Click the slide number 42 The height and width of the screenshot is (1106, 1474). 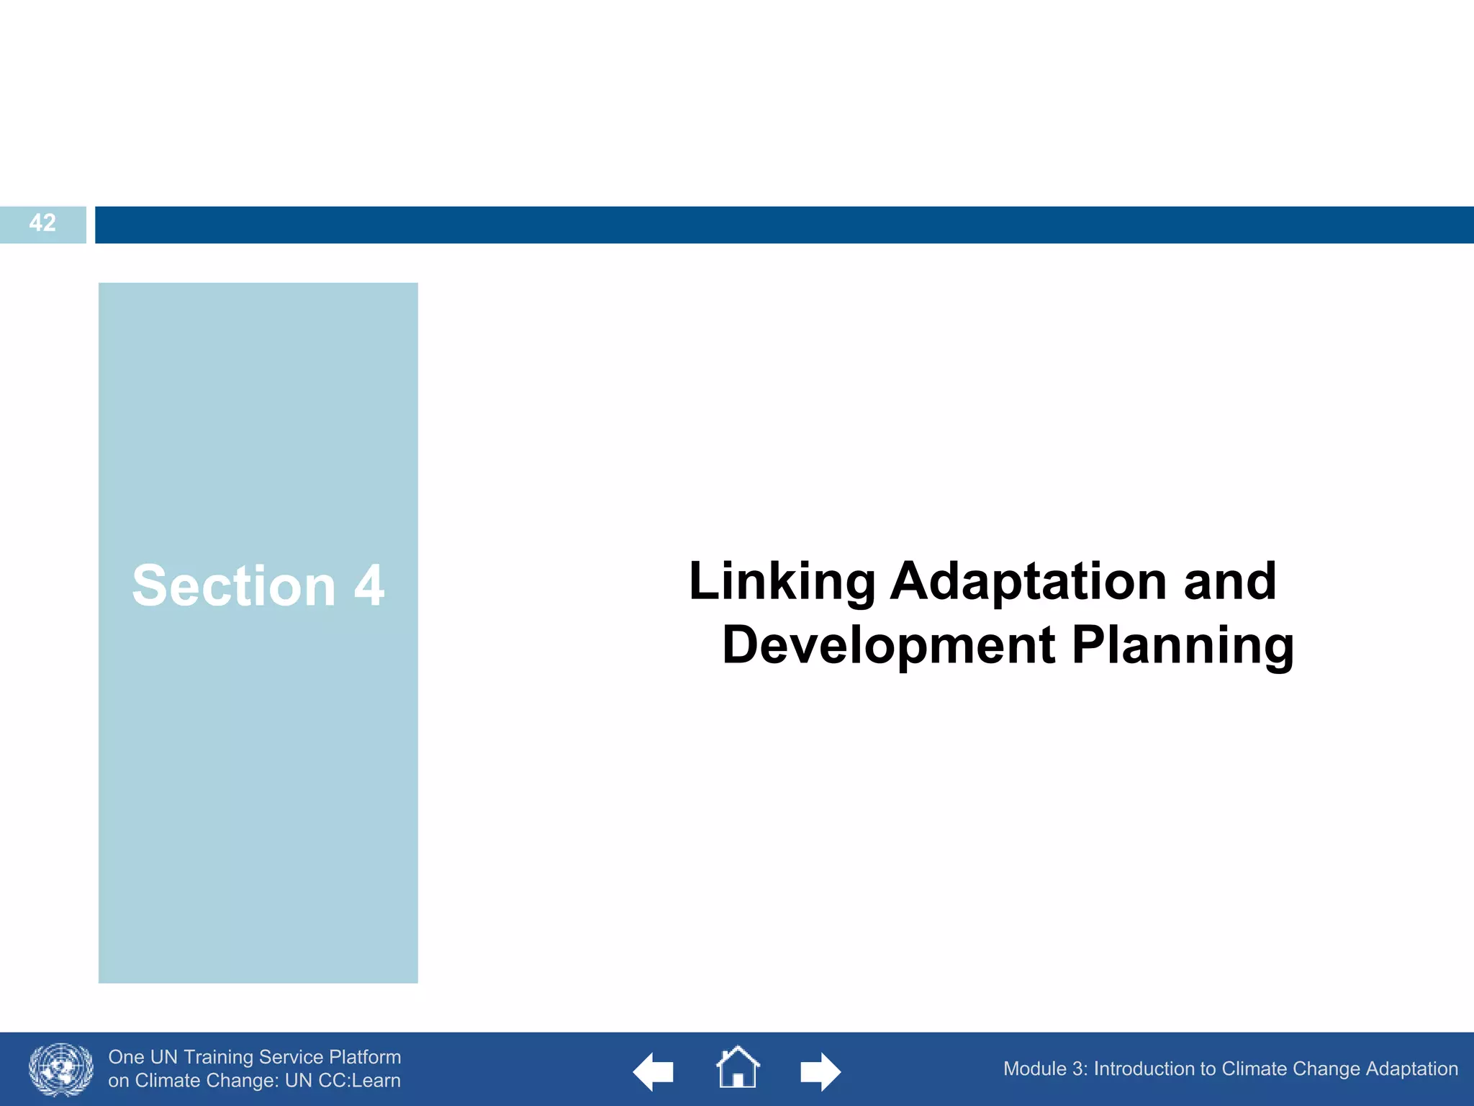[x=42, y=223]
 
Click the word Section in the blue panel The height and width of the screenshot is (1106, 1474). [x=234, y=586]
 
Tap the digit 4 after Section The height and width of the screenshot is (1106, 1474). [x=369, y=586]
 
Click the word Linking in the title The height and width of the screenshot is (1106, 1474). [x=782, y=582]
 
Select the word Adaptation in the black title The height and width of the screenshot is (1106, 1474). [x=1028, y=582]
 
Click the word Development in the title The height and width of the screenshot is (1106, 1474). [x=888, y=645]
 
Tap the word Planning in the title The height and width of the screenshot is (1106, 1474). [x=1183, y=645]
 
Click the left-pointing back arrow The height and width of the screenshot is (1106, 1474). [x=652, y=1072]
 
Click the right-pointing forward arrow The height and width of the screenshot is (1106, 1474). [x=820, y=1072]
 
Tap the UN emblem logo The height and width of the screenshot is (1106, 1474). [x=61, y=1069]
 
